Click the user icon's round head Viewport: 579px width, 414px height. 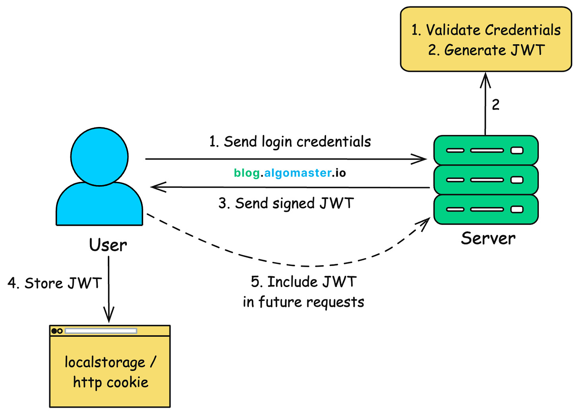click(99, 156)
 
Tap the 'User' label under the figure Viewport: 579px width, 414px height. click(108, 245)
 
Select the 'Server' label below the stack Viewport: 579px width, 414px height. click(488, 238)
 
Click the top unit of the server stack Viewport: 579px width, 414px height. click(486, 150)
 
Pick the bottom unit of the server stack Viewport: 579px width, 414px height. click(486, 209)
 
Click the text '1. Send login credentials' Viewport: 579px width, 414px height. click(290, 142)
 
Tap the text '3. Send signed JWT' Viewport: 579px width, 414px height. click(286, 203)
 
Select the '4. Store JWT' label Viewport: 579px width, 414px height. click(55, 283)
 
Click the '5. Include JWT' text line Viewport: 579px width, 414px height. click(303, 282)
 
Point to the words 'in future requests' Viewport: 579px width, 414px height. click(303, 302)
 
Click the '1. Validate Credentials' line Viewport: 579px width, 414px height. click(486, 30)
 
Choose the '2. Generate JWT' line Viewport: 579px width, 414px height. click(486, 51)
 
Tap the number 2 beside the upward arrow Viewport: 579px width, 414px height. click(495, 105)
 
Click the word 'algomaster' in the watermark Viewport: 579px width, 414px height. click(297, 173)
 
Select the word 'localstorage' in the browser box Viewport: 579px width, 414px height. click(105, 363)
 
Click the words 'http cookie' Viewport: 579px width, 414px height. click(111, 383)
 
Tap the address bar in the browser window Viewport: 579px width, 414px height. click(101, 331)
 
